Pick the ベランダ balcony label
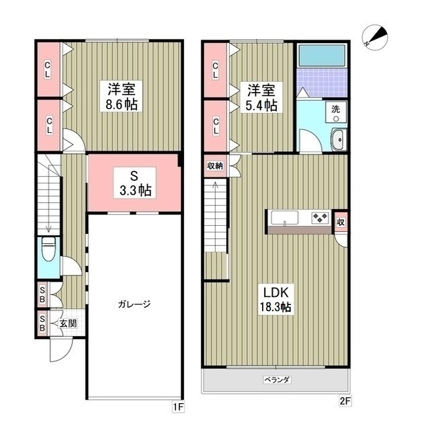[x=276, y=380]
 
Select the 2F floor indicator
[x=344, y=402]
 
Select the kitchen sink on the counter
[x=285, y=217]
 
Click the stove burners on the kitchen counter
[x=319, y=217]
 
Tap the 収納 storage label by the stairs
[x=215, y=165]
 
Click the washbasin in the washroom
[x=337, y=139]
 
